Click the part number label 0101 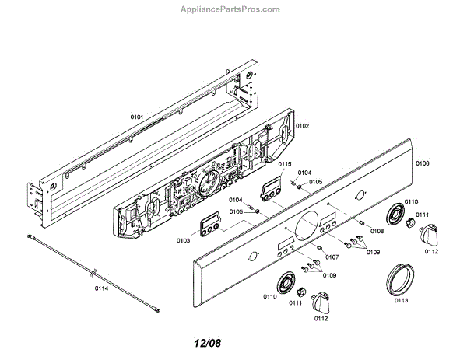click(137, 117)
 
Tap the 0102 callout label click(302, 125)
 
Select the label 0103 click(183, 241)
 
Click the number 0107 click(332, 257)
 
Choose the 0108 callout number click(377, 231)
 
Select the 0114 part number click(101, 288)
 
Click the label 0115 click(284, 164)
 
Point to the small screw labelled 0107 click(320, 248)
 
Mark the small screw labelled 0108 click(362, 224)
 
